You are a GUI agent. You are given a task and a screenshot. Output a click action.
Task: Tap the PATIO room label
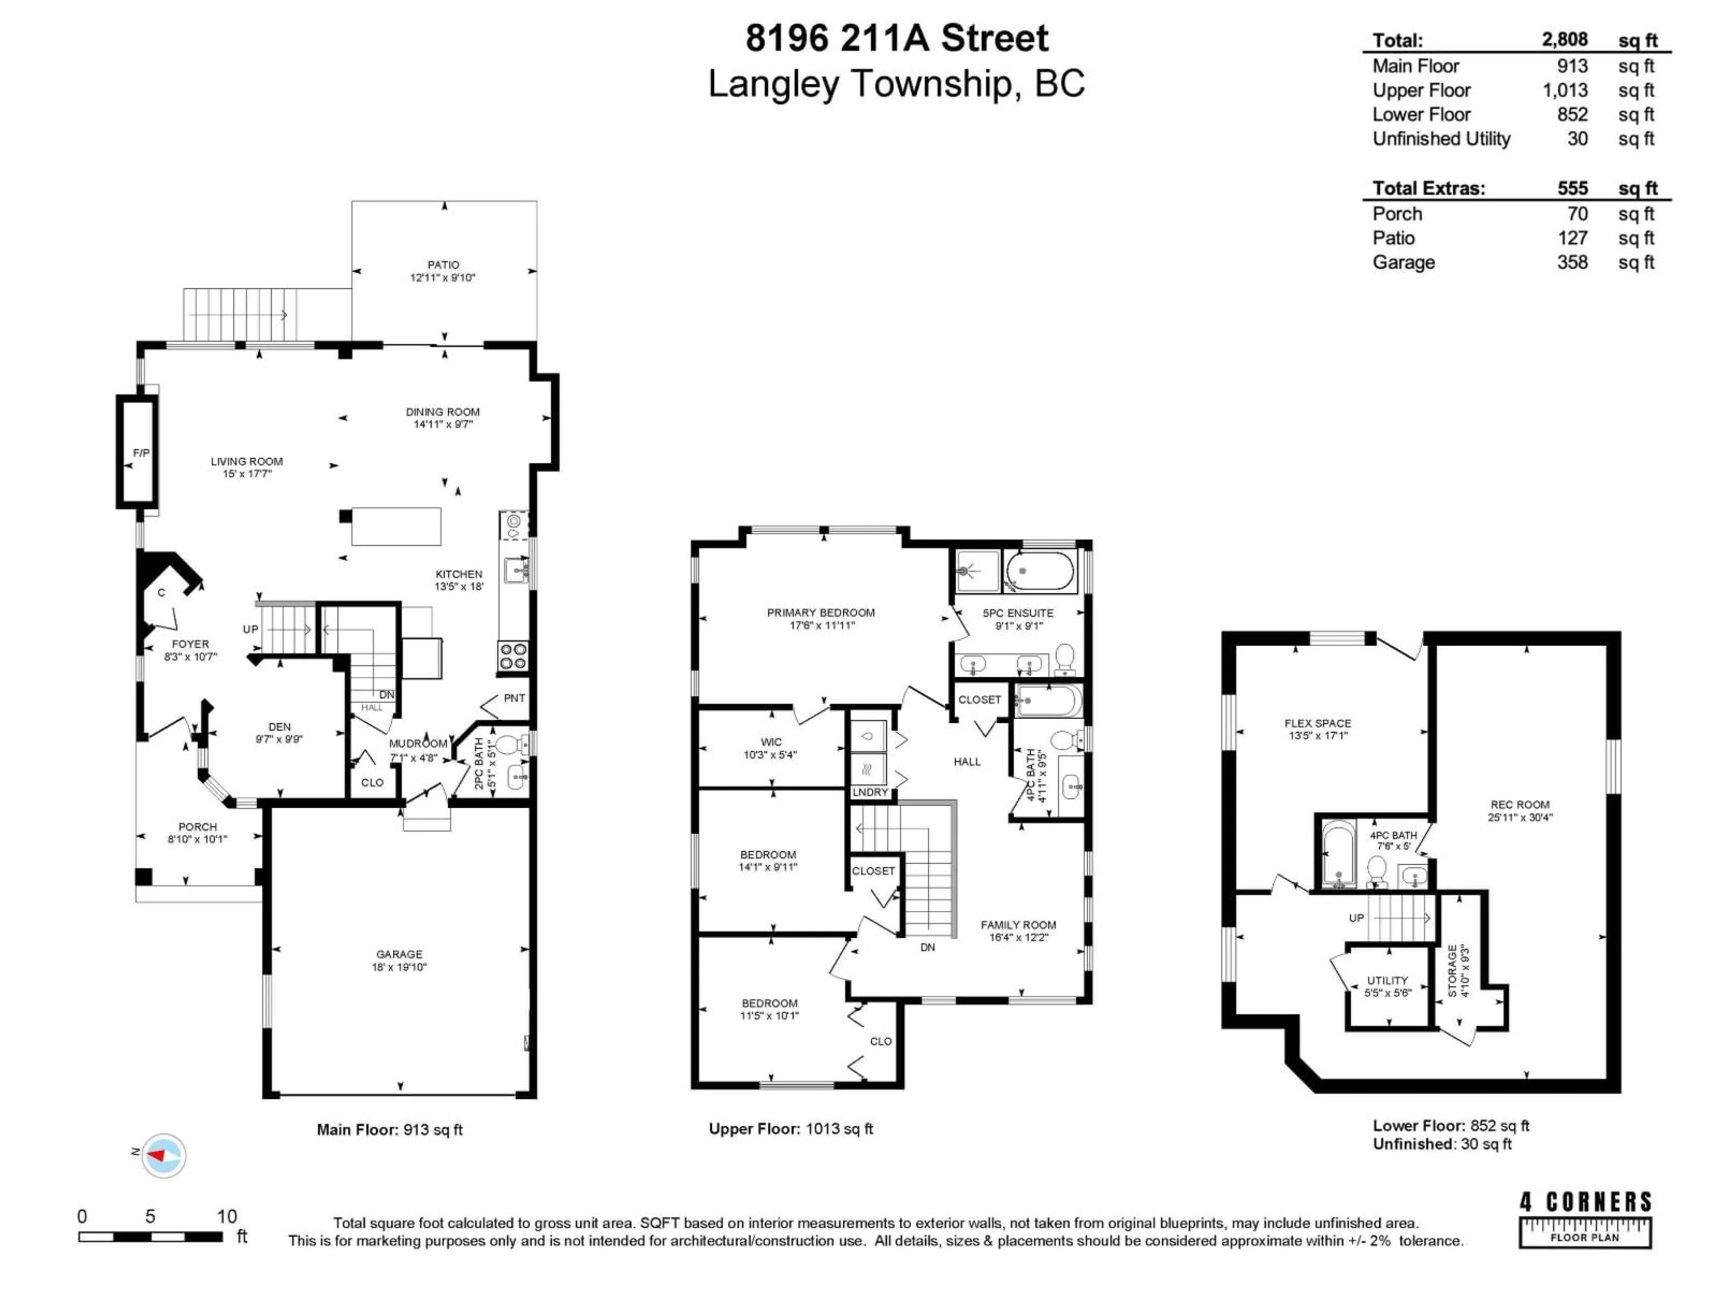point(443,265)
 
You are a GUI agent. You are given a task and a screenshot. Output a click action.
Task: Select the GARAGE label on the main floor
point(399,954)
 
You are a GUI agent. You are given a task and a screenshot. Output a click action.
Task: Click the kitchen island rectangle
point(396,526)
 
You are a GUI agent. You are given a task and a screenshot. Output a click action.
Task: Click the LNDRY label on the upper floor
point(869,792)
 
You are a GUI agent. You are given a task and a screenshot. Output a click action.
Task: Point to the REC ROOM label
point(1519,804)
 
